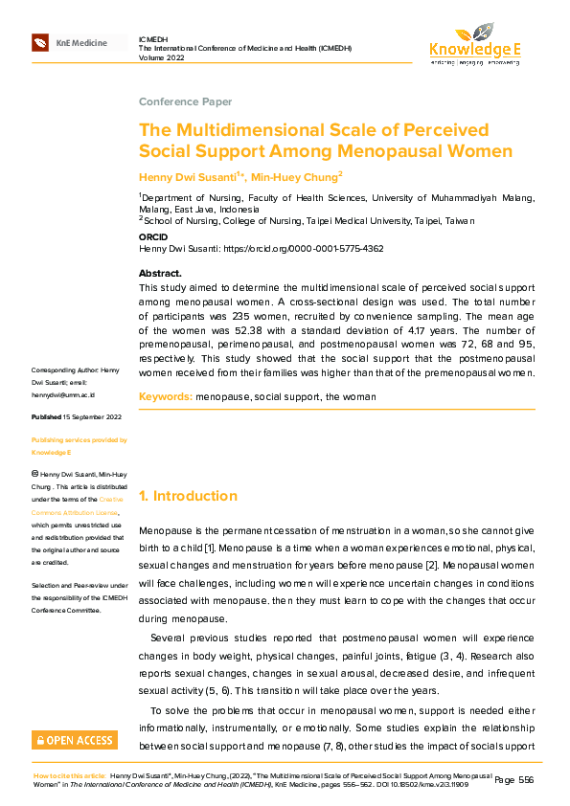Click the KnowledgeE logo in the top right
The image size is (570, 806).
click(474, 44)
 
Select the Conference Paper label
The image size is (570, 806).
click(185, 102)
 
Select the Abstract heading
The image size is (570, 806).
click(160, 274)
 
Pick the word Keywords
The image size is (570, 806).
click(165, 395)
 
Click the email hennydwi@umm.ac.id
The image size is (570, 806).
click(62, 394)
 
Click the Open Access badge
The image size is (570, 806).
click(75, 739)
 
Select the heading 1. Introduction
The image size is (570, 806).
click(188, 496)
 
